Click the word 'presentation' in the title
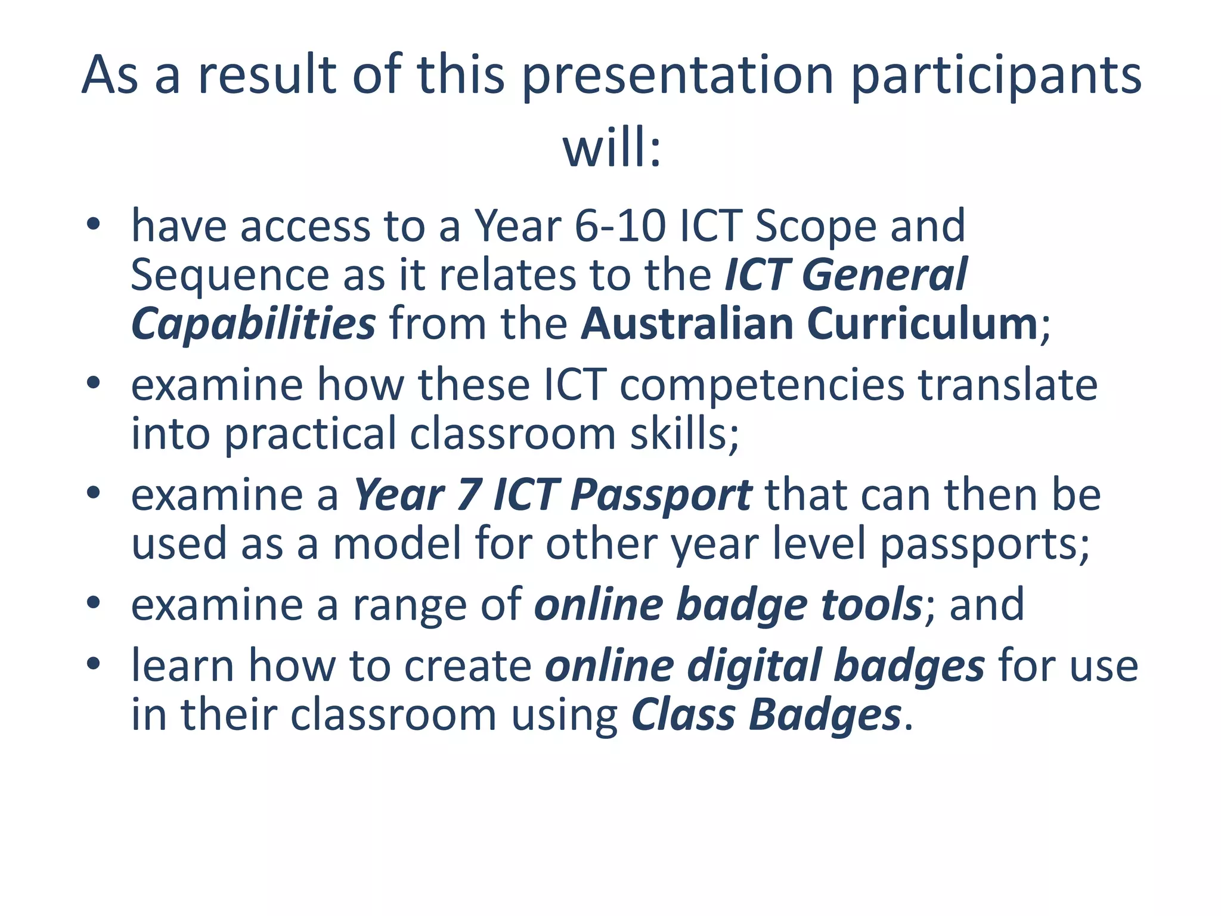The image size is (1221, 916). [677, 76]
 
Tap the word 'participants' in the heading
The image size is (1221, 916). [996, 76]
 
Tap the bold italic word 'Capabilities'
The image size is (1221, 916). [253, 325]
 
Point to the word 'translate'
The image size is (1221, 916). [1008, 385]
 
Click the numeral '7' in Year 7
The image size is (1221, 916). [469, 496]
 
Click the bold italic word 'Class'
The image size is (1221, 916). [683, 714]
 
